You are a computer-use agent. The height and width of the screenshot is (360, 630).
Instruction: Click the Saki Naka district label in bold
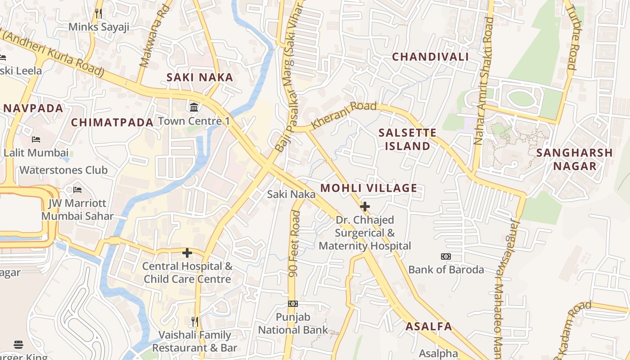point(200,77)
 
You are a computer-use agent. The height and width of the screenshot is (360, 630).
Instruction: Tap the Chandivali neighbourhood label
point(430,57)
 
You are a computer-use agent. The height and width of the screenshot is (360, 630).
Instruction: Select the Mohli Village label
point(369,188)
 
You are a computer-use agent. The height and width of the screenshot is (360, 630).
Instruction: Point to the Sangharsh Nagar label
point(575,159)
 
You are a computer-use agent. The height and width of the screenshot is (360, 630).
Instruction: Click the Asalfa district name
point(429,327)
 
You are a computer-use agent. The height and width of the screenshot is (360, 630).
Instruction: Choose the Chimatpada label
point(112,122)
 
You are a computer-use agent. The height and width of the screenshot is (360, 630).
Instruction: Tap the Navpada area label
point(33,108)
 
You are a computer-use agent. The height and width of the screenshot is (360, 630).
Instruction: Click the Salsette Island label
point(407,139)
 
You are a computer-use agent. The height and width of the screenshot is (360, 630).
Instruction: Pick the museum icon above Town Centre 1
point(194,107)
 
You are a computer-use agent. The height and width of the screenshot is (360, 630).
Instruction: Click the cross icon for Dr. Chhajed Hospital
point(365,207)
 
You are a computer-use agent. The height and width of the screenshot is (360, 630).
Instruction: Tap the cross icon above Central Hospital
point(187,253)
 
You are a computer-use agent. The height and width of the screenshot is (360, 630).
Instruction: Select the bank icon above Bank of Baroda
point(446,256)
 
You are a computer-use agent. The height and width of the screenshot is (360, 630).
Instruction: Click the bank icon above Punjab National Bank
point(293,304)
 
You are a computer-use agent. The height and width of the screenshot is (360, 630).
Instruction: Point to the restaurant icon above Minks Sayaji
point(99,13)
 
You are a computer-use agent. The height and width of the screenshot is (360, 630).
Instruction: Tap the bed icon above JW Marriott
point(77,190)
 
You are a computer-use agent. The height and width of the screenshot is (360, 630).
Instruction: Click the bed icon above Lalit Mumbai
point(36,139)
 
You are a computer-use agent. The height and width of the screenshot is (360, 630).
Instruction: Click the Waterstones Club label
point(63,170)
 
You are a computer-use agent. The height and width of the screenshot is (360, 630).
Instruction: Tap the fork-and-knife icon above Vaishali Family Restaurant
point(195,321)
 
